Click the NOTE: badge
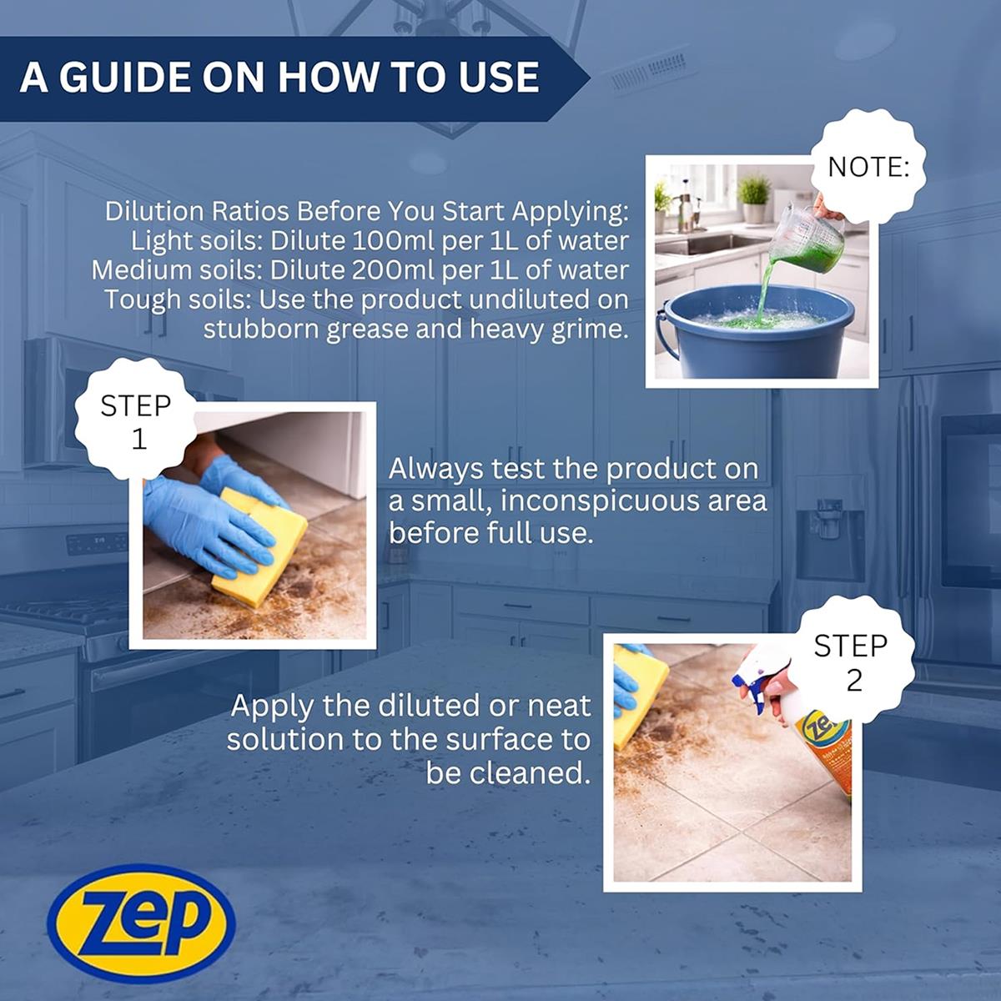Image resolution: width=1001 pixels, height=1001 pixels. (x=868, y=168)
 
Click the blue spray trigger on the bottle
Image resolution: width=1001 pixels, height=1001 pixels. (x=750, y=686)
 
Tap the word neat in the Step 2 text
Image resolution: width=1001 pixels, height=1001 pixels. (x=561, y=706)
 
